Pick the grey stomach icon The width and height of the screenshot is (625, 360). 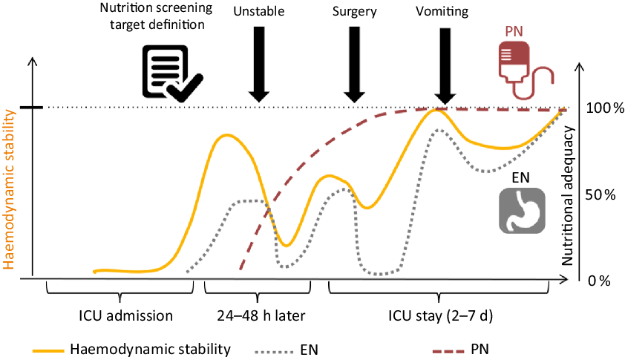(518, 212)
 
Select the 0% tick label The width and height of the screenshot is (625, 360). (598, 281)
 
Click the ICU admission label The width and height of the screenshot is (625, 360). (126, 315)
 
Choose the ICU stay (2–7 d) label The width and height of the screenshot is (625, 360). (440, 315)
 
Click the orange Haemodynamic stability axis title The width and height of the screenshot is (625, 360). (10, 189)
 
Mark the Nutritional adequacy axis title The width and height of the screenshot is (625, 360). (569, 192)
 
